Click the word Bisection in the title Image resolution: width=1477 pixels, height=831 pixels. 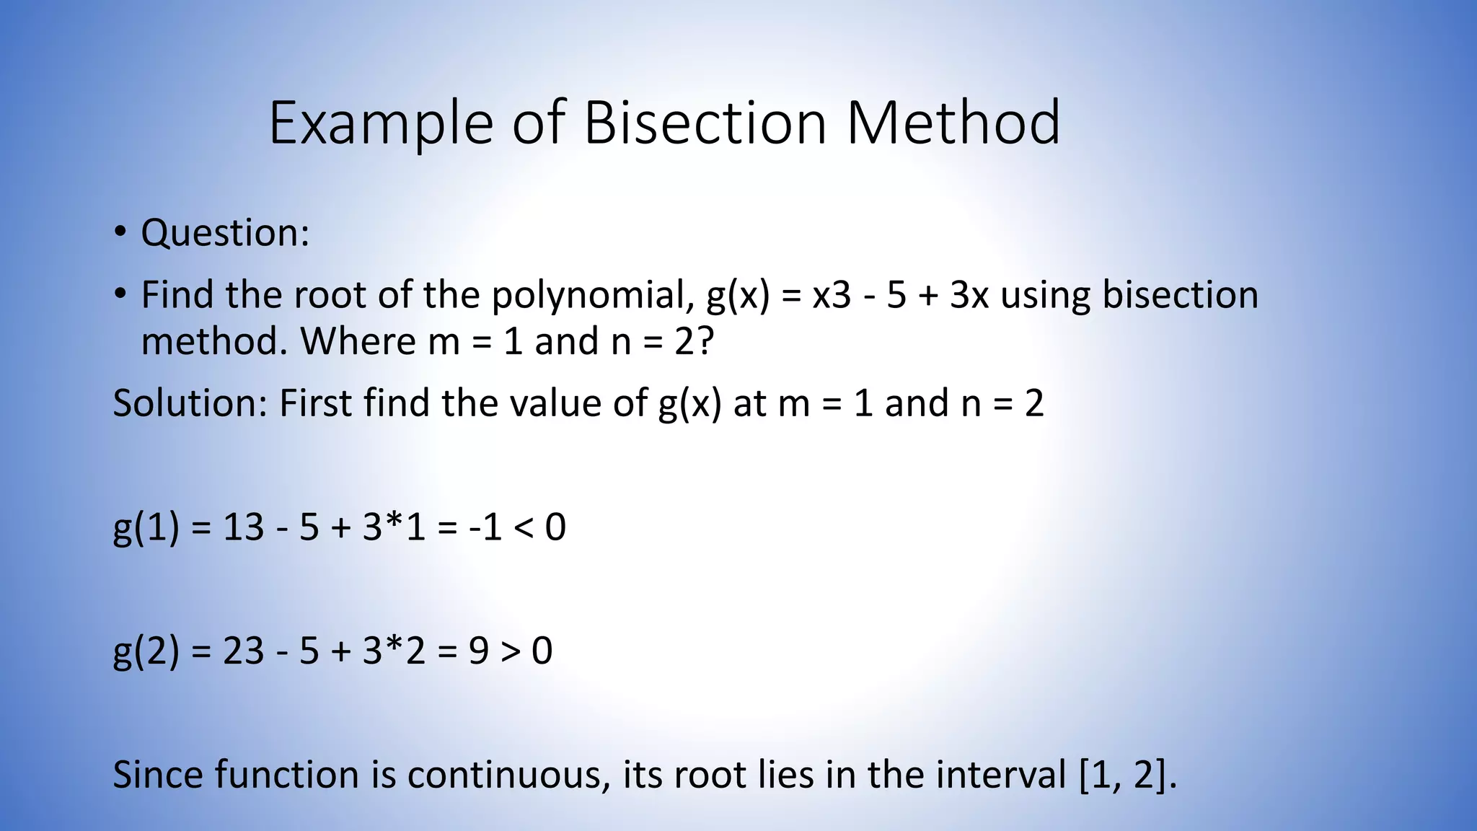704,123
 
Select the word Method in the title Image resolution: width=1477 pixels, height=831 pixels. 953,123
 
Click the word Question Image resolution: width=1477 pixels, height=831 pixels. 224,233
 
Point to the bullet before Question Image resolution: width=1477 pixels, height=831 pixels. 120,232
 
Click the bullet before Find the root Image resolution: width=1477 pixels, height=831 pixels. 120,294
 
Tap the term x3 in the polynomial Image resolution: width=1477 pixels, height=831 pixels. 832,295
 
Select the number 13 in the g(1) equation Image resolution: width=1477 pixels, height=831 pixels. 244,527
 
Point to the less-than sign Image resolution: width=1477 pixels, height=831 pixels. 523,527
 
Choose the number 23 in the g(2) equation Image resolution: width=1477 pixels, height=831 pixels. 244,651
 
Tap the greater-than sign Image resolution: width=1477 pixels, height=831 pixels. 510,651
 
